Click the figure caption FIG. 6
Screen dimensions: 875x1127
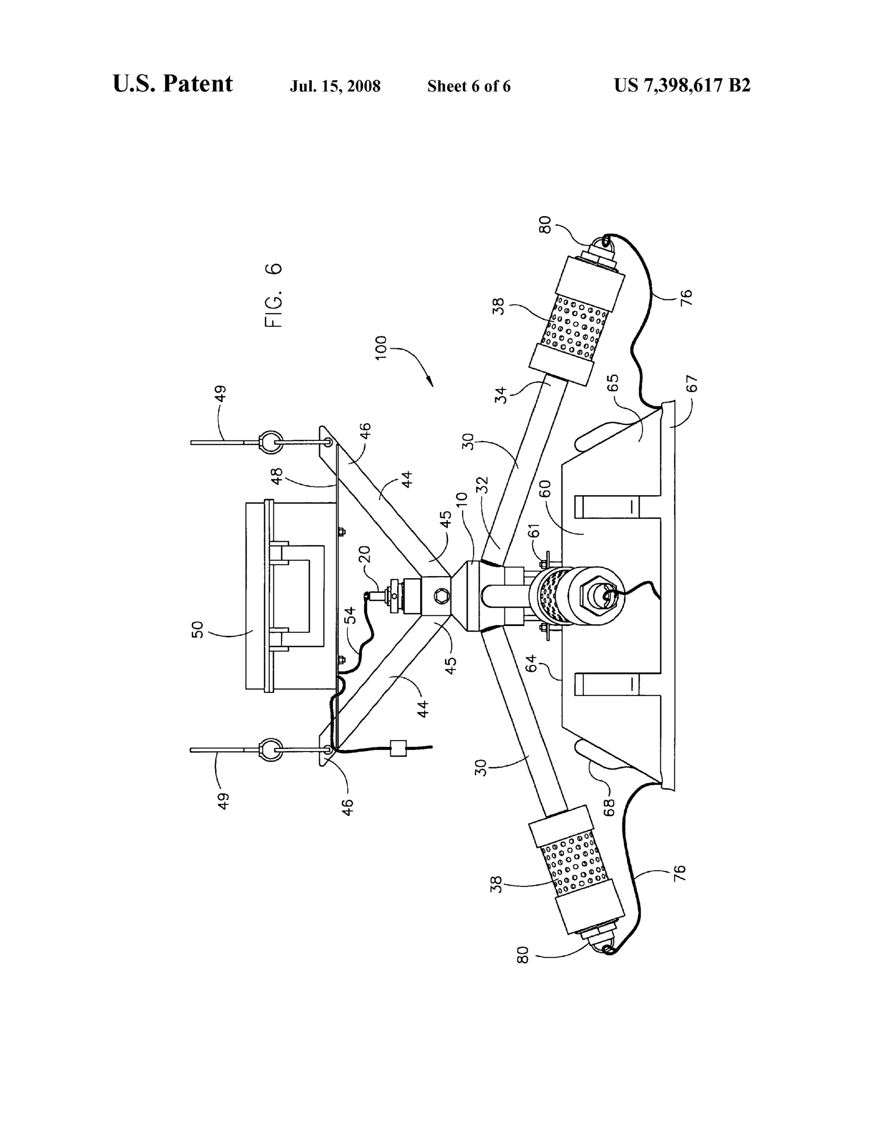point(273,295)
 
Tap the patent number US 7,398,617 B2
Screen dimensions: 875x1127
point(682,85)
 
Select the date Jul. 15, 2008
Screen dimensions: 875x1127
point(335,86)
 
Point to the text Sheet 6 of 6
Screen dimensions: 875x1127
point(469,86)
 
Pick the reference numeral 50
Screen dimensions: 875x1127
point(198,630)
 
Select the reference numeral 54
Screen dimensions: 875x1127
point(351,615)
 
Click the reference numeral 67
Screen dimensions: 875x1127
point(691,383)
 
